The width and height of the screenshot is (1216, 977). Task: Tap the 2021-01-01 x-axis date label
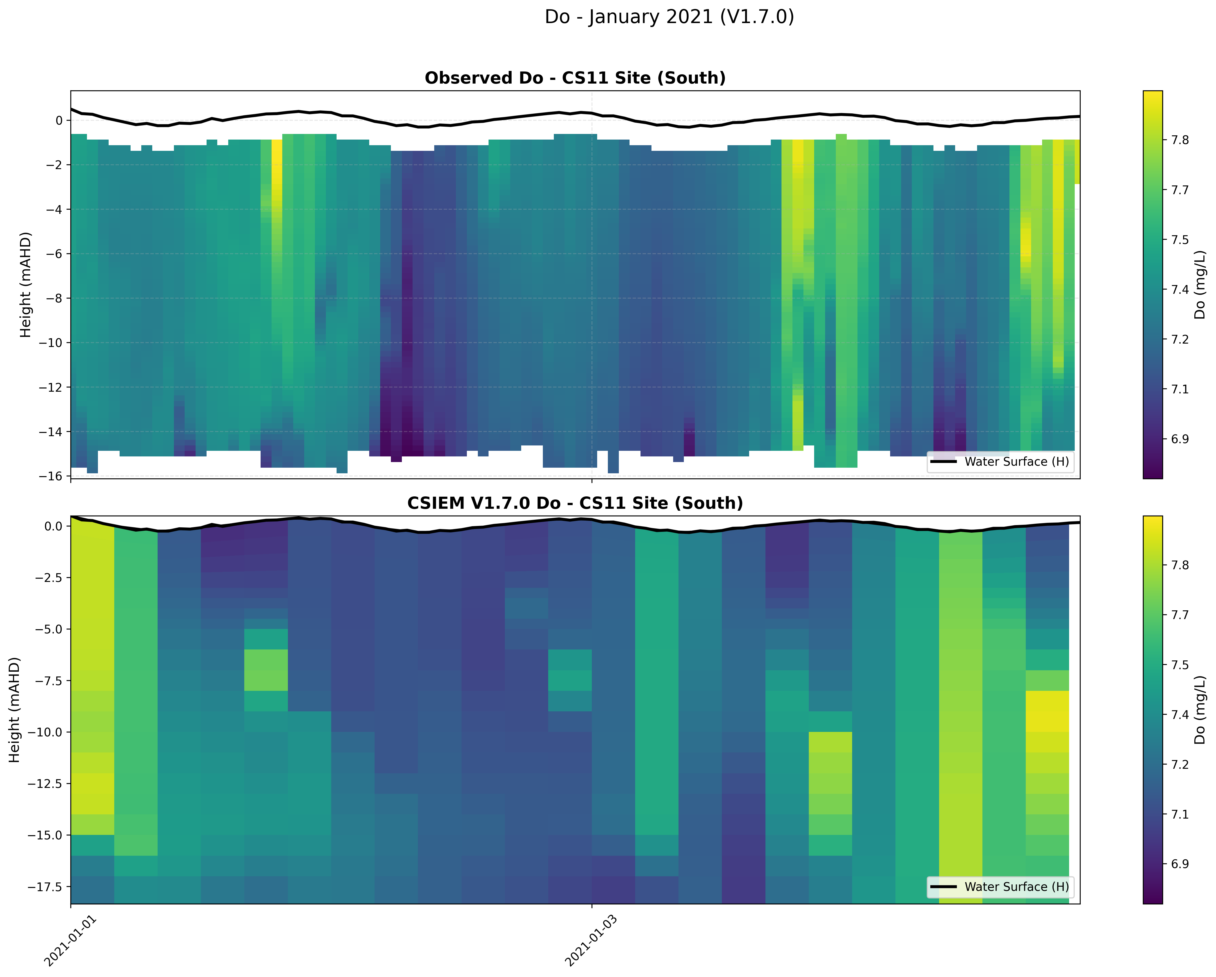(71, 941)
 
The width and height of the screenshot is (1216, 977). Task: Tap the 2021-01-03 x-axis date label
(591, 941)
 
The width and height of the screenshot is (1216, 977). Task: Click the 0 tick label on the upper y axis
(59, 120)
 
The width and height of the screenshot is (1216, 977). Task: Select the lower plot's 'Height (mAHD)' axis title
(15, 710)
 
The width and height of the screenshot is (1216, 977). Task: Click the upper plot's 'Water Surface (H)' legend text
(1016, 461)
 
